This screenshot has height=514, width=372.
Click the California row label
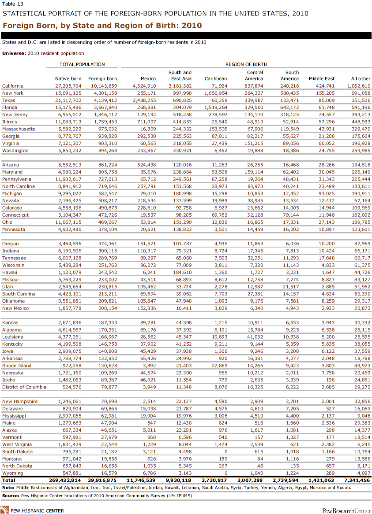13,86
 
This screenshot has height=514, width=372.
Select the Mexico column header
147,79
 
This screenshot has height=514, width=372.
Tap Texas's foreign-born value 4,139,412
103,100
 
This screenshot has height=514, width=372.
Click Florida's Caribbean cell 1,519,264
215,107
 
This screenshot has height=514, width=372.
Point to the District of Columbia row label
24,387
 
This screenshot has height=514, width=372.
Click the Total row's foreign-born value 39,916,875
102,480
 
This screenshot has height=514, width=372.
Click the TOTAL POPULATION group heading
82,64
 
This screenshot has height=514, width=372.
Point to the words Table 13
11,4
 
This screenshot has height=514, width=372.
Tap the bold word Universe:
14,53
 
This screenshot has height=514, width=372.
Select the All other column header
361,79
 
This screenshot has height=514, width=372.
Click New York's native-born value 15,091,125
67,93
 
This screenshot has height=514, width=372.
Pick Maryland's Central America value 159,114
253,172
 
